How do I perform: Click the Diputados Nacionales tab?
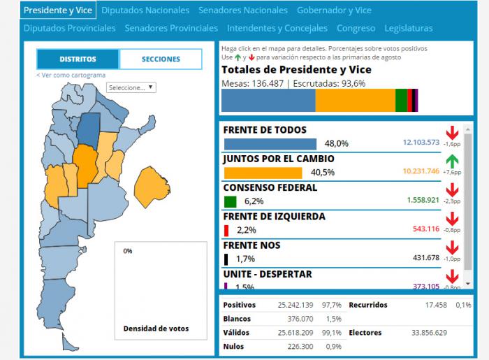click(x=145, y=10)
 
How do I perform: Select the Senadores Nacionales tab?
click(x=242, y=10)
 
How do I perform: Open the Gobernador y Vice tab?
click(x=334, y=10)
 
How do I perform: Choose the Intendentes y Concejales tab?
click(x=277, y=29)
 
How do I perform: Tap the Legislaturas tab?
click(x=409, y=29)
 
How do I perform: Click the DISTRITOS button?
click(x=78, y=59)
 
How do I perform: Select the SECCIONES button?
click(x=161, y=59)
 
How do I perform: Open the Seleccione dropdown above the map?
click(x=131, y=88)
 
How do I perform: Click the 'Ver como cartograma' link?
click(x=71, y=75)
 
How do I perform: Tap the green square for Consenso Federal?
click(x=231, y=201)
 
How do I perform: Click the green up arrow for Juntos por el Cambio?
click(x=452, y=162)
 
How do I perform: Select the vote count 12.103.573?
click(x=421, y=142)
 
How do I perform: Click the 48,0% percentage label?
click(x=337, y=143)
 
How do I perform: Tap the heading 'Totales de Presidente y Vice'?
click(x=295, y=70)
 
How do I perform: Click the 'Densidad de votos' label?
click(x=156, y=329)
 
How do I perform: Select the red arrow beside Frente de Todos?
click(x=452, y=133)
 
